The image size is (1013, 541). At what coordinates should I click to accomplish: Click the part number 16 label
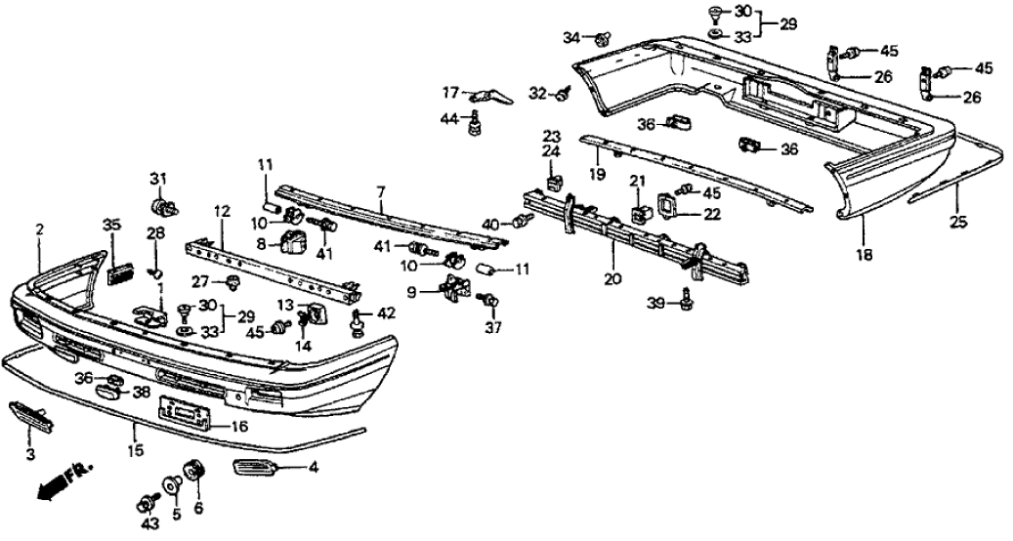(239, 427)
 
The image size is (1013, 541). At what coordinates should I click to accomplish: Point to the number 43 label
(148, 524)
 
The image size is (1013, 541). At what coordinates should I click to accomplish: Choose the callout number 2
(39, 230)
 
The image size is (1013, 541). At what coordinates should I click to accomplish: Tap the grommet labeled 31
(161, 206)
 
